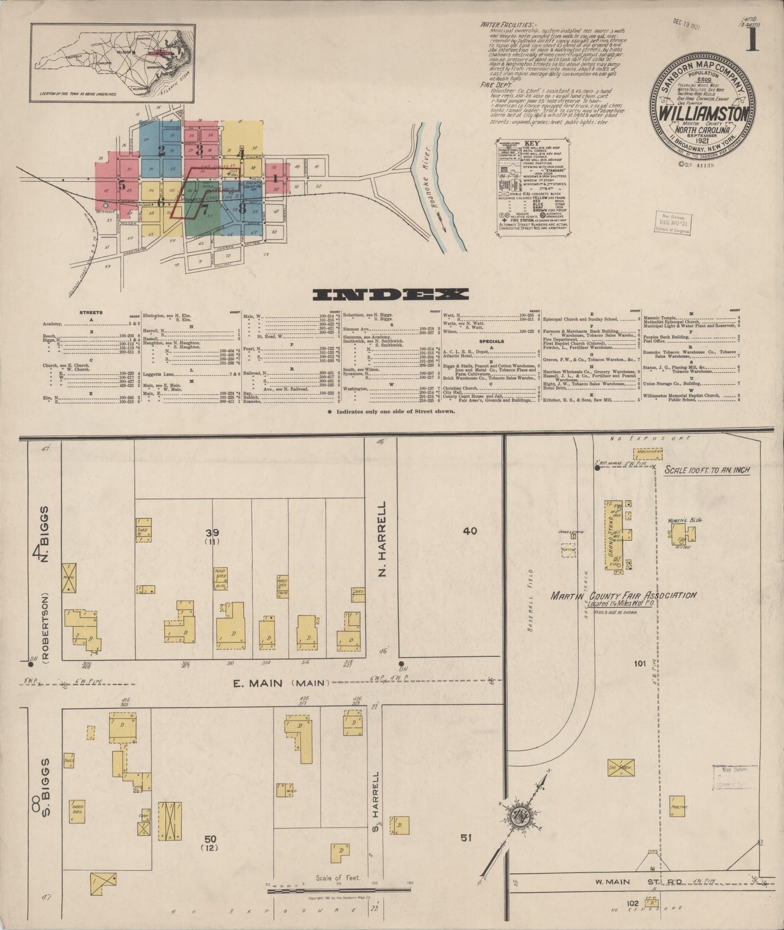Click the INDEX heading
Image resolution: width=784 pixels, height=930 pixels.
[x=391, y=294]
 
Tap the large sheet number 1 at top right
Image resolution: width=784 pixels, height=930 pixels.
[x=751, y=41]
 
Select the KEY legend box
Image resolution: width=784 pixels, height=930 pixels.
[x=533, y=187]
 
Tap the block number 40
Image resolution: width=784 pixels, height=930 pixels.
[x=470, y=531]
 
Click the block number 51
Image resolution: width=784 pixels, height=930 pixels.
[x=466, y=838]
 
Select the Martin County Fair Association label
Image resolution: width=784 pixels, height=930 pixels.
[x=623, y=596]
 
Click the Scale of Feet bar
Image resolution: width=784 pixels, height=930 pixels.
[x=338, y=889]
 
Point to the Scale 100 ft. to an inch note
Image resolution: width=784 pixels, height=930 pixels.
[x=707, y=470]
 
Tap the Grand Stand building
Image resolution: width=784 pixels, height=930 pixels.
[x=614, y=535]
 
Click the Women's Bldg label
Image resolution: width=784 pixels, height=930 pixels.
[x=685, y=520]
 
